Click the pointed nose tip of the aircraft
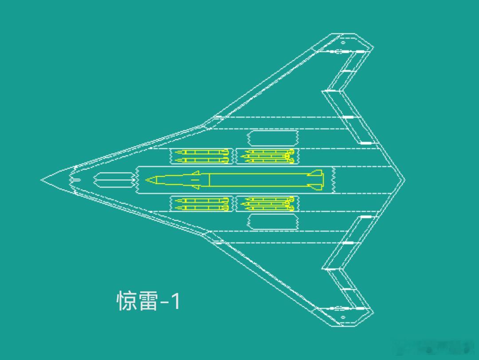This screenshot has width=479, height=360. click(43, 180)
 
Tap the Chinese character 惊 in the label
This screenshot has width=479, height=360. click(126, 301)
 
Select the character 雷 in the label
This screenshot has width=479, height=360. click(149, 301)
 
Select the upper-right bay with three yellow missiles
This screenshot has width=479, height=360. click(267, 156)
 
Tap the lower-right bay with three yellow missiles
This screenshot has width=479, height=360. click(267, 204)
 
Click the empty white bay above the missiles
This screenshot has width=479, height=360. click(272, 138)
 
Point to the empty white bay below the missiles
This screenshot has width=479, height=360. click(272, 222)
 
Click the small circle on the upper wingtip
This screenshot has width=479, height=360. click(343, 43)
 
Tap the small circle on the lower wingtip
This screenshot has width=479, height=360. click(343, 317)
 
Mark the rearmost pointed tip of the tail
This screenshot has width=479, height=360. click(404, 180)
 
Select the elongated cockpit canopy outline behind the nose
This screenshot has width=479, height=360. click(113, 180)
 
